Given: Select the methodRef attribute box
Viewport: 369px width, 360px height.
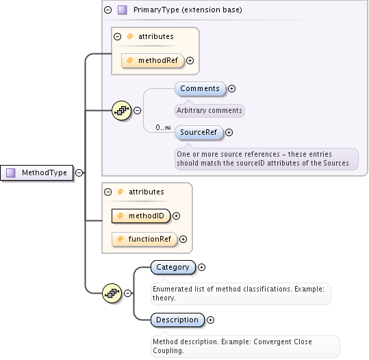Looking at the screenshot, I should coord(153,60).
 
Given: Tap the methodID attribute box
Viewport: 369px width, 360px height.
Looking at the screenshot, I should coord(140,216).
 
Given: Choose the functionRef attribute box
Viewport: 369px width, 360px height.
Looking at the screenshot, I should coord(144,239).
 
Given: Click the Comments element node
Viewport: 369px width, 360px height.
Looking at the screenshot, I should coord(200,88).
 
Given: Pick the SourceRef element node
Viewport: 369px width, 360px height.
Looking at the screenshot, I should coord(199,132).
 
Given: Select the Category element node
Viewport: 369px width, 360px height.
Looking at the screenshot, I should coord(173,267).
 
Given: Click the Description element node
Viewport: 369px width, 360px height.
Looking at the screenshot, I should coord(177,320).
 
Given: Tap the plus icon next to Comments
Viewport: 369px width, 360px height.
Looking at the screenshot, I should coord(231,88).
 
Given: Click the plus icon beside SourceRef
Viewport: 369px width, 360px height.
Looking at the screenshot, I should coord(229,133).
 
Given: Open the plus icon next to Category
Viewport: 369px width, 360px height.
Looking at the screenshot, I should coord(201,268).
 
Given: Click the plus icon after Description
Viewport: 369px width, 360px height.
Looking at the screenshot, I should coord(210,320).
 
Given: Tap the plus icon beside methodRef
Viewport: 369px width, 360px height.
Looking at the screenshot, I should coord(190,60).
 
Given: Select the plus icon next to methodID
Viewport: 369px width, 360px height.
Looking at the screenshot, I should coord(177,216).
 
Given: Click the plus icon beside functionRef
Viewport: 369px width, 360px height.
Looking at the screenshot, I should coord(183,240).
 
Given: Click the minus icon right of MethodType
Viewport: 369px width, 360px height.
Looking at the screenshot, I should coord(79,173).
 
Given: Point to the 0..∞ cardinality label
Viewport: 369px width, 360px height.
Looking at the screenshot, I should coord(163,127).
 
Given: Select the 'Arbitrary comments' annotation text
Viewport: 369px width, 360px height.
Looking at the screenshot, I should coord(209,110).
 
